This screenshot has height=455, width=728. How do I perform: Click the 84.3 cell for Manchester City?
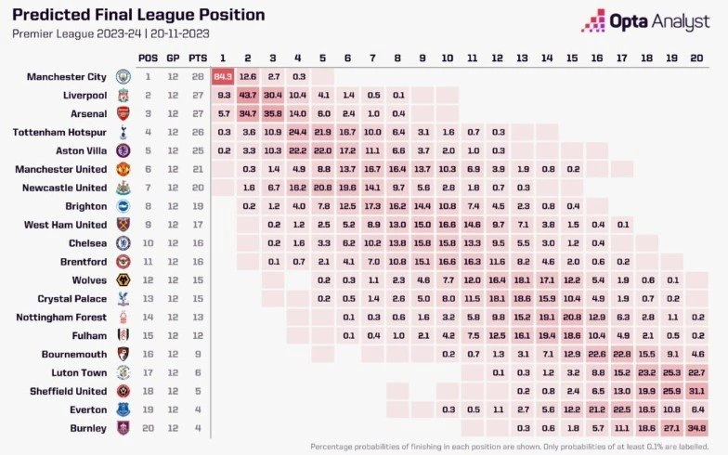pos(222,76)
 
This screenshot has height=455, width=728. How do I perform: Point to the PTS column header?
pos(196,58)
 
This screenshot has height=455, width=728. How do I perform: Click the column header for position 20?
pos(697,58)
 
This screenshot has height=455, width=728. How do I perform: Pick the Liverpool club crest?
pos(123,95)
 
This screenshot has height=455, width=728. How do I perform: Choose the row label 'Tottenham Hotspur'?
pos(62,132)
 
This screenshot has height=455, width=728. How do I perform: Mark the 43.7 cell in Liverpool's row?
pos(247,95)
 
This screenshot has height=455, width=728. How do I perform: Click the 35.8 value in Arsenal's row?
pos(272,113)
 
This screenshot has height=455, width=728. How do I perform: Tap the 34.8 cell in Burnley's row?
pos(697,428)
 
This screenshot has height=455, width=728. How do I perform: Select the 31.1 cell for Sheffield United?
pos(697,391)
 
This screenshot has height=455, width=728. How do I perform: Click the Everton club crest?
pos(123,409)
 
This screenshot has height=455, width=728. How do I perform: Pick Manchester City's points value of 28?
pos(196,76)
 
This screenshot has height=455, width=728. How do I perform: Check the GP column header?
pos(172,58)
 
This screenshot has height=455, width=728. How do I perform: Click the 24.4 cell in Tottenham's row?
pos(297,132)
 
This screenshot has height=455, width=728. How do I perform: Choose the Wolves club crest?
pos(123,279)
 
